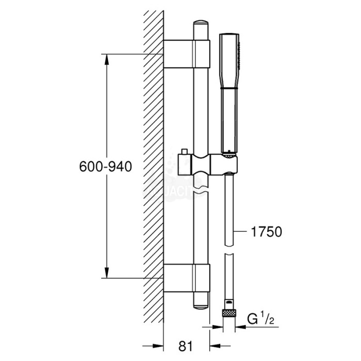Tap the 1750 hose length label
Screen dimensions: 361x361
click(266, 232)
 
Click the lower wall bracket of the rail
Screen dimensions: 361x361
click(187, 279)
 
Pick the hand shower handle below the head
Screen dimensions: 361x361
click(227, 119)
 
